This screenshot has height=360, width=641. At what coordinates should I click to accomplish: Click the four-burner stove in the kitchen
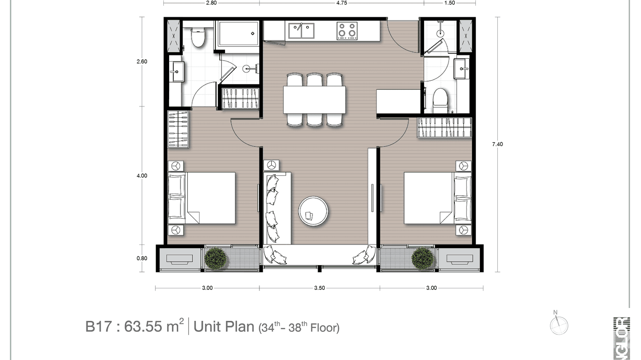coord(347,30)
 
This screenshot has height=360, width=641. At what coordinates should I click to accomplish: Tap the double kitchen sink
coord(301,30)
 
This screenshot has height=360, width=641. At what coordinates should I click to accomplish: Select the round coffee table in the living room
coord(313,211)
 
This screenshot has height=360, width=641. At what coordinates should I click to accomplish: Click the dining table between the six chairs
coord(314,100)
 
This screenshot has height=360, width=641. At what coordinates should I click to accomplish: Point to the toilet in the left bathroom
coord(198,37)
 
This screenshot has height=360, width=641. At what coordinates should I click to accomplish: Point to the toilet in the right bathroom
coord(440,99)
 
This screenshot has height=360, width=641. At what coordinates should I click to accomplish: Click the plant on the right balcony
coord(423,258)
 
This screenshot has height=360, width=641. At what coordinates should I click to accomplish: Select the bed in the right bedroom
coord(438,198)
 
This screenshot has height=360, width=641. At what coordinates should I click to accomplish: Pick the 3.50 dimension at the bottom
coord(320,288)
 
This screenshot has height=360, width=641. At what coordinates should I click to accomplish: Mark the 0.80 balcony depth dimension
coord(142,258)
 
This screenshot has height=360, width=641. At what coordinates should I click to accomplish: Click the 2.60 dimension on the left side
coord(142,61)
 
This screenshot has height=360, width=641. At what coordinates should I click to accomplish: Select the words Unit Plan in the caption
coord(224,327)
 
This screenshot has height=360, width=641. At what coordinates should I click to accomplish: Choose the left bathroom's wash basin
coord(176,72)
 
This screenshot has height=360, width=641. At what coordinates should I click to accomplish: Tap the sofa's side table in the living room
coord(272,165)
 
